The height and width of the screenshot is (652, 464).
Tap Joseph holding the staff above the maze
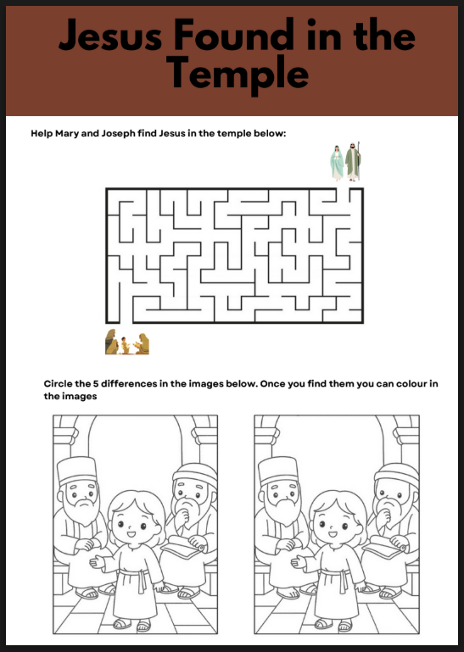(x=353, y=161)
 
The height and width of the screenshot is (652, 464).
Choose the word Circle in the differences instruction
(x=60, y=384)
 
